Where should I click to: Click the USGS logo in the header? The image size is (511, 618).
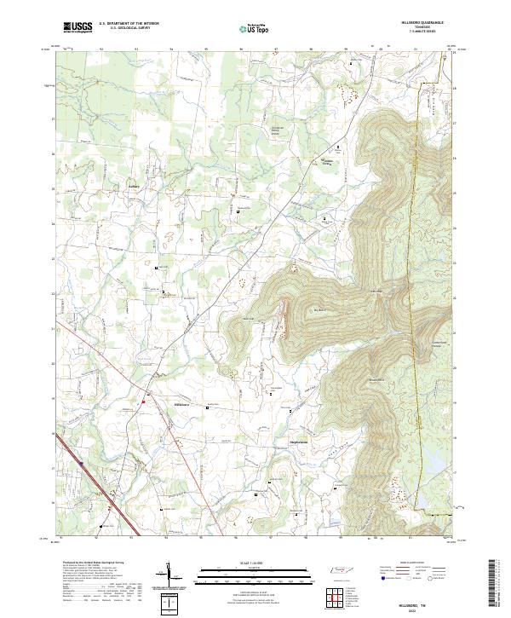(78, 27)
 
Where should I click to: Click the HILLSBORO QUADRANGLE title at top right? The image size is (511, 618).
(429, 23)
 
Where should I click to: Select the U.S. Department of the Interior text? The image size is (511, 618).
(129, 24)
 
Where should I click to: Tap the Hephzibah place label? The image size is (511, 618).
(289, 442)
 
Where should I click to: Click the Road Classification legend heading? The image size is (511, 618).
(418, 563)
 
